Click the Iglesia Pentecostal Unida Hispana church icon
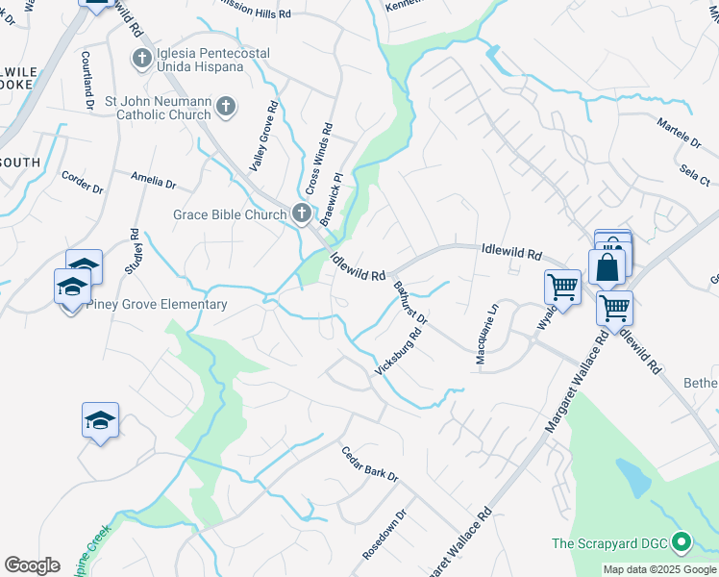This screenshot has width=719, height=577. coord(141,59)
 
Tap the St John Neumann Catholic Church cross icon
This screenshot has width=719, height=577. coord(226,106)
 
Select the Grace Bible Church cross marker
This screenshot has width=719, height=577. coord(301,213)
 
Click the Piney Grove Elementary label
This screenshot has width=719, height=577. coord(157,305)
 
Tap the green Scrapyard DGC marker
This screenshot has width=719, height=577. coord(682,543)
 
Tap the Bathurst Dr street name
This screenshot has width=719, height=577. coord(409,302)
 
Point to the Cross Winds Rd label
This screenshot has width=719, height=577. coord(318,157)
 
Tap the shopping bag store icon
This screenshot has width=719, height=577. coord(607,266)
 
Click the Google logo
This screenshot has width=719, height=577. coord(33,564)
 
